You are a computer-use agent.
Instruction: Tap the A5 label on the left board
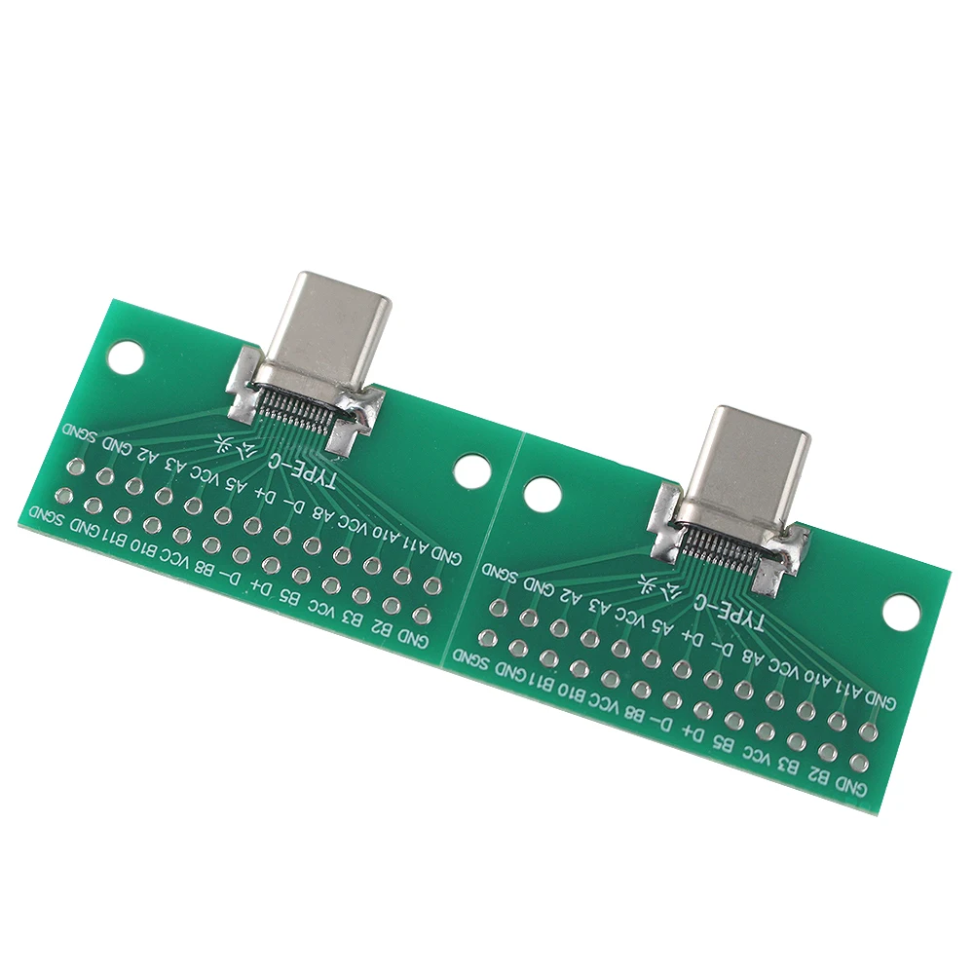[x=237, y=484]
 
